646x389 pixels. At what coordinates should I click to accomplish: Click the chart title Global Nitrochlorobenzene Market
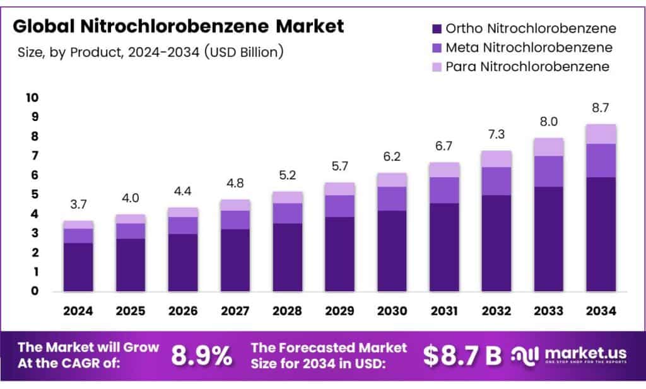(x=179, y=26)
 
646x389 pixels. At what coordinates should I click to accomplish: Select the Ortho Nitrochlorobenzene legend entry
(x=530, y=28)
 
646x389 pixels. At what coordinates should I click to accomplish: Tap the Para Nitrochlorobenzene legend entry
(x=527, y=66)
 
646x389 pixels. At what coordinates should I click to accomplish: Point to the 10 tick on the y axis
(x=32, y=97)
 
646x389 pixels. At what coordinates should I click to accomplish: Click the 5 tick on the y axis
(x=35, y=194)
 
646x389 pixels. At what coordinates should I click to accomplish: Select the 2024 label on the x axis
(x=78, y=311)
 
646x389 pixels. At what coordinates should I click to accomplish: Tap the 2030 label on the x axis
(x=392, y=311)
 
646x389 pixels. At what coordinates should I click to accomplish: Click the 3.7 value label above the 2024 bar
(x=78, y=204)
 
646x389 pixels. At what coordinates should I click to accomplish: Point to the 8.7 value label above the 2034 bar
(x=601, y=108)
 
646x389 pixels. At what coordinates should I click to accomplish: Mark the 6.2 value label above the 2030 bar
(x=392, y=156)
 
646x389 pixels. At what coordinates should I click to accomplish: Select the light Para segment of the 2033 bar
(x=549, y=147)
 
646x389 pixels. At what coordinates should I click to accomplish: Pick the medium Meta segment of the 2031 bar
(x=444, y=190)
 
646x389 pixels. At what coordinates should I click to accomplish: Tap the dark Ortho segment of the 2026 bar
(x=182, y=262)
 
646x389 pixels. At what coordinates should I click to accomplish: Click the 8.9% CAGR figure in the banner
(x=201, y=356)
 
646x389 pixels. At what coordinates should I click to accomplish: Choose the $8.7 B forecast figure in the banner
(x=462, y=356)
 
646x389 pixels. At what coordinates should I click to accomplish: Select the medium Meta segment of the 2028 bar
(x=287, y=213)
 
